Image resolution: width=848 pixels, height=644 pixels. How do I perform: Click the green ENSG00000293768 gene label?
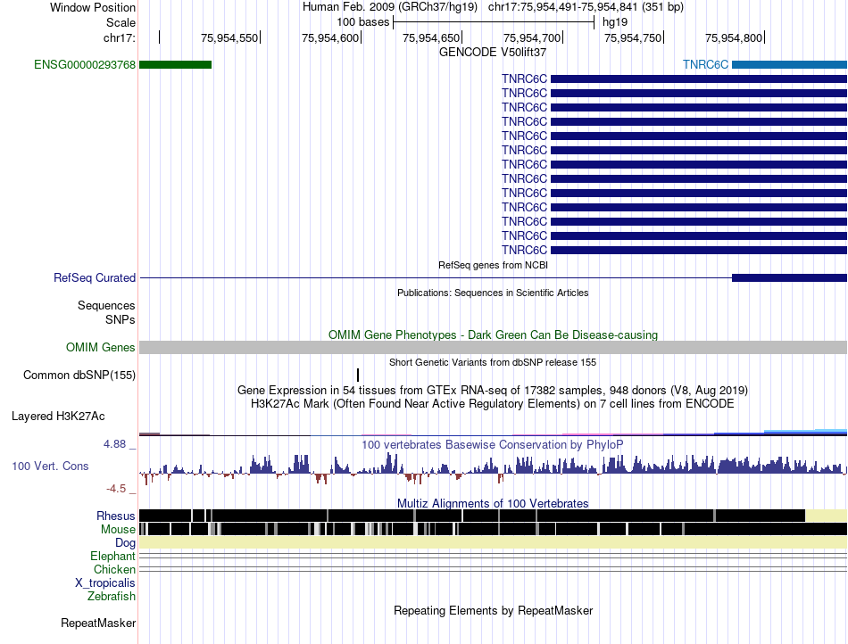click(x=85, y=65)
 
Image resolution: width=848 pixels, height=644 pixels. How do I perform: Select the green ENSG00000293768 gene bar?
click(x=175, y=65)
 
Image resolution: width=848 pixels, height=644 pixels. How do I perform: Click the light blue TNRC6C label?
click(x=705, y=65)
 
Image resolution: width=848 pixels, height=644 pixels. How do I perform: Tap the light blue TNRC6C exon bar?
click(x=790, y=65)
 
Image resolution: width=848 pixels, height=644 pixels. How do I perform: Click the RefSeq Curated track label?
click(x=94, y=277)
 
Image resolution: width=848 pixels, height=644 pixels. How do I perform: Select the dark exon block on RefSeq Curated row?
click(x=790, y=277)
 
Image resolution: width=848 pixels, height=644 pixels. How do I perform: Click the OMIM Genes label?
click(x=100, y=347)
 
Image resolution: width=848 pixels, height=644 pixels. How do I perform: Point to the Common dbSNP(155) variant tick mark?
click(x=358, y=375)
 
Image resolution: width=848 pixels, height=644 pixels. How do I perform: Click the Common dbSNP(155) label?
click(x=79, y=375)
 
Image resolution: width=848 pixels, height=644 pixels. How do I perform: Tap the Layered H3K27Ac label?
click(x=58, y=416)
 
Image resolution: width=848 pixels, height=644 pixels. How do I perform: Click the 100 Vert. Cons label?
click(x=50, y=466)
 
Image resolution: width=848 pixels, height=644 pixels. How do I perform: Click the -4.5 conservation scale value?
click(x=116, y=489)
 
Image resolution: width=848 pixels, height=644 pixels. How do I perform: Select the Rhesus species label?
click(x=116, y=516)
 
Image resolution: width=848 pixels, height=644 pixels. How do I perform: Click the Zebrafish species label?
click(x=112, y=597)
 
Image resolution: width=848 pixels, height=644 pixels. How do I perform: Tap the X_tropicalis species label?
click(x=105, y=583)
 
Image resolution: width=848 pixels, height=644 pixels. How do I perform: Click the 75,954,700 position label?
click(x=532, y=37)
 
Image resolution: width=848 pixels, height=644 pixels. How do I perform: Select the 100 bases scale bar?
click(x=494, y=22)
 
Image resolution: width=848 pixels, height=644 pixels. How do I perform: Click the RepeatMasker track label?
click(x=98, y=623)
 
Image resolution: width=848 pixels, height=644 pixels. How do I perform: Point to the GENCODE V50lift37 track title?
click(x=493, y=53)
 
